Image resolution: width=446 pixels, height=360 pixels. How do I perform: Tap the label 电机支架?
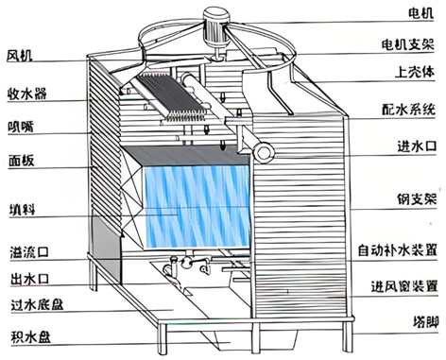click(412, 45)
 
